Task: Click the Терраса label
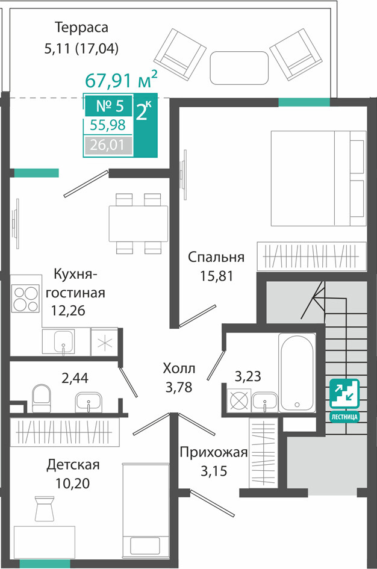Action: tap(81, 27)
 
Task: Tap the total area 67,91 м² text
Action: tap(121, 79)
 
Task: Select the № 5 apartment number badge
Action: tap(109, 106)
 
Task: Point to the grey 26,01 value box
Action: tap(108, 146)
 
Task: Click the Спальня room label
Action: tap(216, 257)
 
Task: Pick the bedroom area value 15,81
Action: tap(216, 276)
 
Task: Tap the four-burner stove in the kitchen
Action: tap(25, 299)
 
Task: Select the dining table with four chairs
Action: tap(139, 223)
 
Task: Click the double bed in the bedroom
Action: tap(318, 178)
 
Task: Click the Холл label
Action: tap(179, 368)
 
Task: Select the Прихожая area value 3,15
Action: tap(214, 471)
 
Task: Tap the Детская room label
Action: tap(73, 464)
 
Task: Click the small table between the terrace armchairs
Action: tap(239, 67)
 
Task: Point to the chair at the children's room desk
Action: tap(45, 508)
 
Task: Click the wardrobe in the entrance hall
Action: tap(263, 453)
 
